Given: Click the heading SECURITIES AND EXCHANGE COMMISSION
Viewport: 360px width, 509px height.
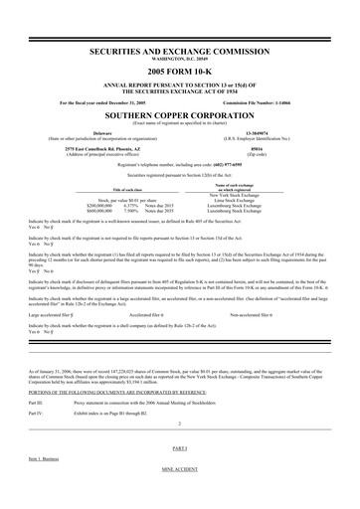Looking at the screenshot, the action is [x=180, y=47].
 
